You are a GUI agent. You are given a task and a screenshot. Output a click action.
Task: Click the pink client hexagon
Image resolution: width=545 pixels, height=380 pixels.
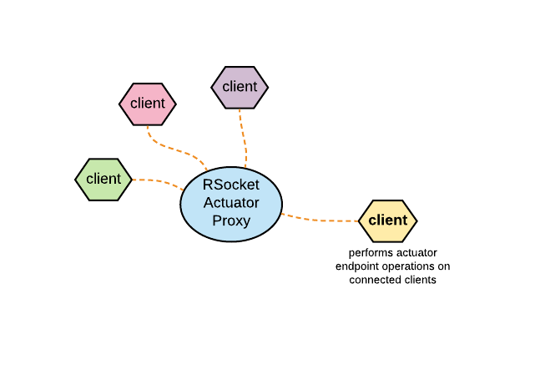click(x=148, y=104)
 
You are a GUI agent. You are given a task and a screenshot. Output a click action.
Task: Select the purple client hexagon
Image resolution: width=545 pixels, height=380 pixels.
click(x=240, y=87)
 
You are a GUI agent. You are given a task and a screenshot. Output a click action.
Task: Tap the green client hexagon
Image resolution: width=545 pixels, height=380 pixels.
click(x=103, y=179)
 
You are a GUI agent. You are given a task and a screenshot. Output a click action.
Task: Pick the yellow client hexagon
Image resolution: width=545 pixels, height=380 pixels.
click(x=387, y=220)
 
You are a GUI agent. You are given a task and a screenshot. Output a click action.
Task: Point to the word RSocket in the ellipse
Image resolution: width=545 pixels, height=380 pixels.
click(x=231, y=185)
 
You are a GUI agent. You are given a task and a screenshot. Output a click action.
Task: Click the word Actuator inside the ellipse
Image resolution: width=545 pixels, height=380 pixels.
click(x=231, y=202)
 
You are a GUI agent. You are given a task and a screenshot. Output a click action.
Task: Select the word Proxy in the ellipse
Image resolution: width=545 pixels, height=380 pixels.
click(x=231, y=220)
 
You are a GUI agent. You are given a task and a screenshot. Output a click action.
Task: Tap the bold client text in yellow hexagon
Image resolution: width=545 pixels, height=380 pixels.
click(x=387, y=220)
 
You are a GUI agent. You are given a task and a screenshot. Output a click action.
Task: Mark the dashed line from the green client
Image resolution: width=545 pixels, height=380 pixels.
click(x=159, y=181)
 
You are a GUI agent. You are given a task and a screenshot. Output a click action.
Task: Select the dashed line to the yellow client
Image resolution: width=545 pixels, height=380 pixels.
click(x=321, y=220)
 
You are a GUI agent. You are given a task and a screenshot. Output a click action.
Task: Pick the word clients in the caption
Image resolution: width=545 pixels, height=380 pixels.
click(x=420, y=280)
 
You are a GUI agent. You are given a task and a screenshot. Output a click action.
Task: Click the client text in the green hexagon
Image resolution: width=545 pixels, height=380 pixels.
click(x=103, y=179)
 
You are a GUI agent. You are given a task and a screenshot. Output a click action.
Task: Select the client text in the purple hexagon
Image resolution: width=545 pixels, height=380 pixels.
click(x=240, y=87)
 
